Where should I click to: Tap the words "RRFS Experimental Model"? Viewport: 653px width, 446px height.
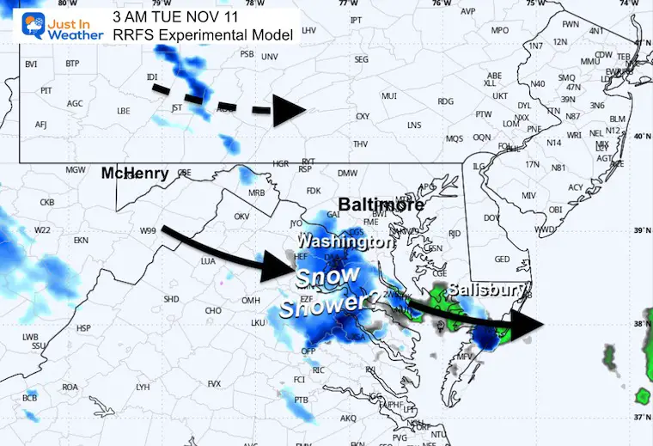[x=203, y=34]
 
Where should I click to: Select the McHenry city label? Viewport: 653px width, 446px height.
[x=134, y=173]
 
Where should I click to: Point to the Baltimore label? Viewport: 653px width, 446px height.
[x=381, y=205]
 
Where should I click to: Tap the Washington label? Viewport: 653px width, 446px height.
[x=345, y=242]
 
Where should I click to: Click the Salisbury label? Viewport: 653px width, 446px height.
[x=483, y=290]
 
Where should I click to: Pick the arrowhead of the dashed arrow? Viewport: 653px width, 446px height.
[x=290, y=110]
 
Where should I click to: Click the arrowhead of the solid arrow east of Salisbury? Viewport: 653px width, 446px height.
[x=527, y=322]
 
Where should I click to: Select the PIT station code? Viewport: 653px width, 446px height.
[x=46, y=90]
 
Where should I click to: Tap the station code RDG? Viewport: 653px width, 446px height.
[x=445, y=101]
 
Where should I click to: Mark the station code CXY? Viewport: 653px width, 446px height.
[x=363, y=116]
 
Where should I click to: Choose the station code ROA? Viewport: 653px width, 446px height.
[x=70, y=387]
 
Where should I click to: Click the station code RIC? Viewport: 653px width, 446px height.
[x=319, y=370]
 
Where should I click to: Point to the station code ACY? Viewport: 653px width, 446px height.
[x=576, y=187]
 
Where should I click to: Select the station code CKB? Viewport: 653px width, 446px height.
[x=46, y=203]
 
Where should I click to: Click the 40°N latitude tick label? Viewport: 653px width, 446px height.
[x=640, y=137]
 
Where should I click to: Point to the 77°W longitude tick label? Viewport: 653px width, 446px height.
[x=350, y=4]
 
